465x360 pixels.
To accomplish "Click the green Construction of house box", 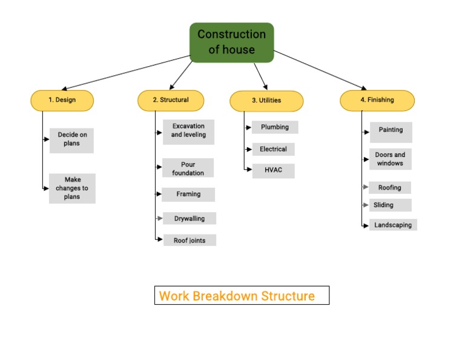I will [x=232, y=42].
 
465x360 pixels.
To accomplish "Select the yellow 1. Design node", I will [x=62, y=101].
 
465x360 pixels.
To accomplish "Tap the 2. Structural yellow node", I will [x=171, y=101].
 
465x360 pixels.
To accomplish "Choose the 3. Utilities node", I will [x=266, y=101].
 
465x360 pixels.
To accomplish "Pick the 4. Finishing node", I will [x=377, y=101].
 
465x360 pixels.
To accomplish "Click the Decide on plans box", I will [x=72, y=141].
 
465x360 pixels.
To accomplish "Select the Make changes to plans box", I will [x=72, y=188].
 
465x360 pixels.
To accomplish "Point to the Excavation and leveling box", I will [x=188, y=132].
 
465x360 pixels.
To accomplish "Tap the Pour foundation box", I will [x=188, y=168].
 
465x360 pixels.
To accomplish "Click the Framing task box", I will [x=188, y=195].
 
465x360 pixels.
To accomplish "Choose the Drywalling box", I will [x=190, y=219].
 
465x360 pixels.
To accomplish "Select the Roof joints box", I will [x=190, y=241].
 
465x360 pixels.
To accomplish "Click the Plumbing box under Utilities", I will [x=275, y=128].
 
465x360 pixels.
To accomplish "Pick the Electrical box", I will [x=273, y=150].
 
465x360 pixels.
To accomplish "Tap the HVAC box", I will [x=273, y=170].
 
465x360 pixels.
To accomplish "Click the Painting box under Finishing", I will [x=391, y=132].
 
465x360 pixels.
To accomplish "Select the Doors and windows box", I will [x=391, y=159].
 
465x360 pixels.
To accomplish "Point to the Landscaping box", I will [x=393, y=225].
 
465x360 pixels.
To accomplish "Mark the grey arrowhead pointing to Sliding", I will [x=366, y=205].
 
